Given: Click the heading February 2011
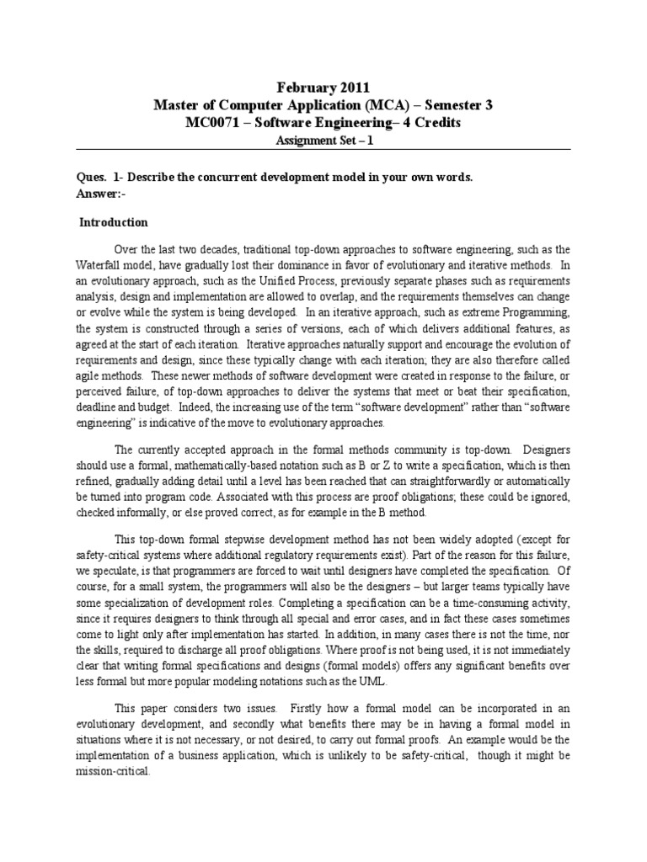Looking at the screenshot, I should pyautogui.click(x=323, y=87).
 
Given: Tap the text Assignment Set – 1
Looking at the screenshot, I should pyautogui.click(x=323, y=141).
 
